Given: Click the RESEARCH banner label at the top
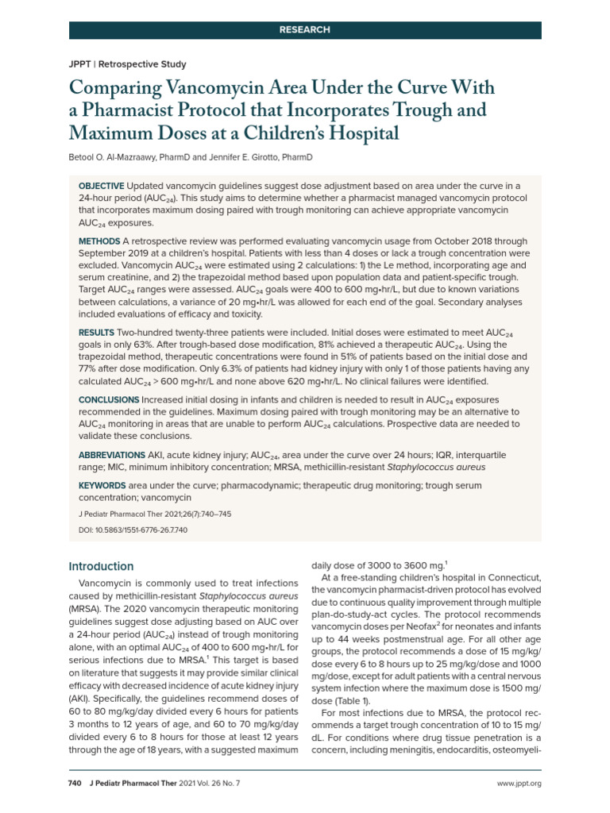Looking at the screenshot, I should tap(304, 29).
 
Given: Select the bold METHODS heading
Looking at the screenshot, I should tap(98, 241).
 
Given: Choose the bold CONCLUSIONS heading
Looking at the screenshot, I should tap(109, 399).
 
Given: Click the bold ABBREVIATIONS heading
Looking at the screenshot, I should tap(112, 455).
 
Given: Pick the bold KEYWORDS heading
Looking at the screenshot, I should tap(102, 484).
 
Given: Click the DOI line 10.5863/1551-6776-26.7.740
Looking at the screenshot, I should tap(133, 529).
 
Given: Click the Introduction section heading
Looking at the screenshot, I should tap(101, 566).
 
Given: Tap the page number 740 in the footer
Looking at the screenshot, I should tap(76, 784).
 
